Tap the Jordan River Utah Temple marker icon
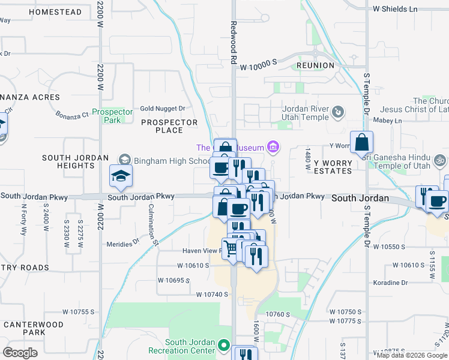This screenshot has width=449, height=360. (338, 112)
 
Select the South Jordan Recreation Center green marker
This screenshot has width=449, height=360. (224, 345)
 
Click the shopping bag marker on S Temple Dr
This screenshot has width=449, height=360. (362, 143)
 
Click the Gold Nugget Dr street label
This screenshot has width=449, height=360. (163, 109)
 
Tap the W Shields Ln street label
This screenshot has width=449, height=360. (394, 9)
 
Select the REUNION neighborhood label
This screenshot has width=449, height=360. (315, 65)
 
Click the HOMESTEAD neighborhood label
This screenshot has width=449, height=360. (55, 12)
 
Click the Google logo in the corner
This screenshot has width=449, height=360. (20, 352)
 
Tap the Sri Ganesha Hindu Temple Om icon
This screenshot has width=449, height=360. (439, 160)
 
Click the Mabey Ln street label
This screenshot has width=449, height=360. (390, 121)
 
